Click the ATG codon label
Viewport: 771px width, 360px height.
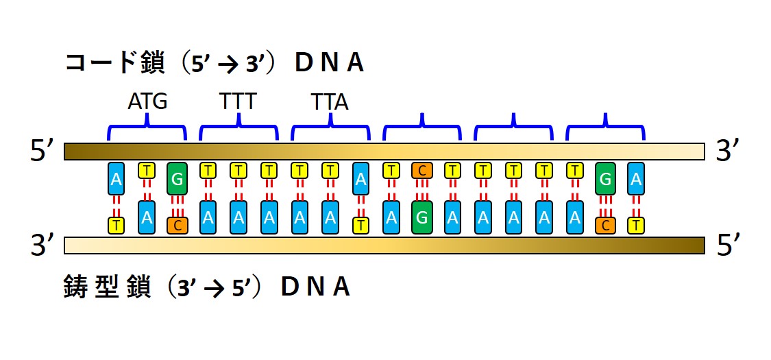point(147,102)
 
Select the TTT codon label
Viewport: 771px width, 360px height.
point(238,102)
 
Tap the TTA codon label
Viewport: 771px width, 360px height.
point(330,103)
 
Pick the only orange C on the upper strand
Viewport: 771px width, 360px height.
point(422,170)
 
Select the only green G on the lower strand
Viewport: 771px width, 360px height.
point(422,217)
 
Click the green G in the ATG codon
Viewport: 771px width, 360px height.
point(177,179)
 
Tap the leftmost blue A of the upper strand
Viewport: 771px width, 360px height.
point(117,179)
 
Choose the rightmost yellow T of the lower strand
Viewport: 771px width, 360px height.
point(636,225)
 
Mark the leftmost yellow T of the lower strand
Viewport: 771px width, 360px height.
point(117,225)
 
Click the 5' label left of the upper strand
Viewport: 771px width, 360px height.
point(42,152)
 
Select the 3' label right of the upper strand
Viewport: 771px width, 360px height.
point(726,152)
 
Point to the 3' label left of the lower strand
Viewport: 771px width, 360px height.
point(42,245)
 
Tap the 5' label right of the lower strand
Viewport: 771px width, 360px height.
point(726,245)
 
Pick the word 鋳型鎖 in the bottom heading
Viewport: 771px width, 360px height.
point(102,287)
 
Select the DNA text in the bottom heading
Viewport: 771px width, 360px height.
point(315,287)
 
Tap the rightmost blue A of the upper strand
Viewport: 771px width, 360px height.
point(636,179)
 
